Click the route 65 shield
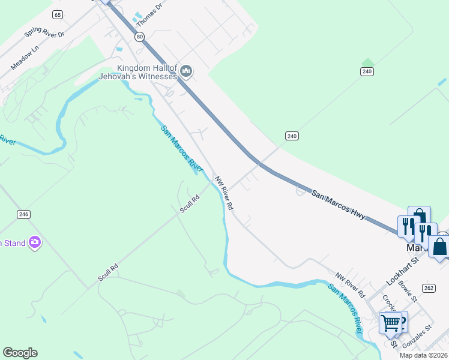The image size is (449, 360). (x=58, y=14)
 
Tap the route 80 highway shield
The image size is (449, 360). (x=140, y=37)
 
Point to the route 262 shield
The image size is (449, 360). (x=428, y=288)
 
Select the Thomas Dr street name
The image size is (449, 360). (x=149, y=15)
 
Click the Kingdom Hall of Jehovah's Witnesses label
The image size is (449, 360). (x=148, y=72)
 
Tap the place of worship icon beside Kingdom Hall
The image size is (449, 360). (x=186, y=72)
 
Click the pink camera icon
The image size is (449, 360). (x=35, y=242)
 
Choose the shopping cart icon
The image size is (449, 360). (x=390, y=323)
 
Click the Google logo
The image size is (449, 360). (x=20, y=353)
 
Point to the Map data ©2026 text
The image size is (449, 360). (x=423, y=355)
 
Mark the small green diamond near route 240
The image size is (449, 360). (x=367, y=62)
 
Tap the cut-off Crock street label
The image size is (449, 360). (x=387, y=302)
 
